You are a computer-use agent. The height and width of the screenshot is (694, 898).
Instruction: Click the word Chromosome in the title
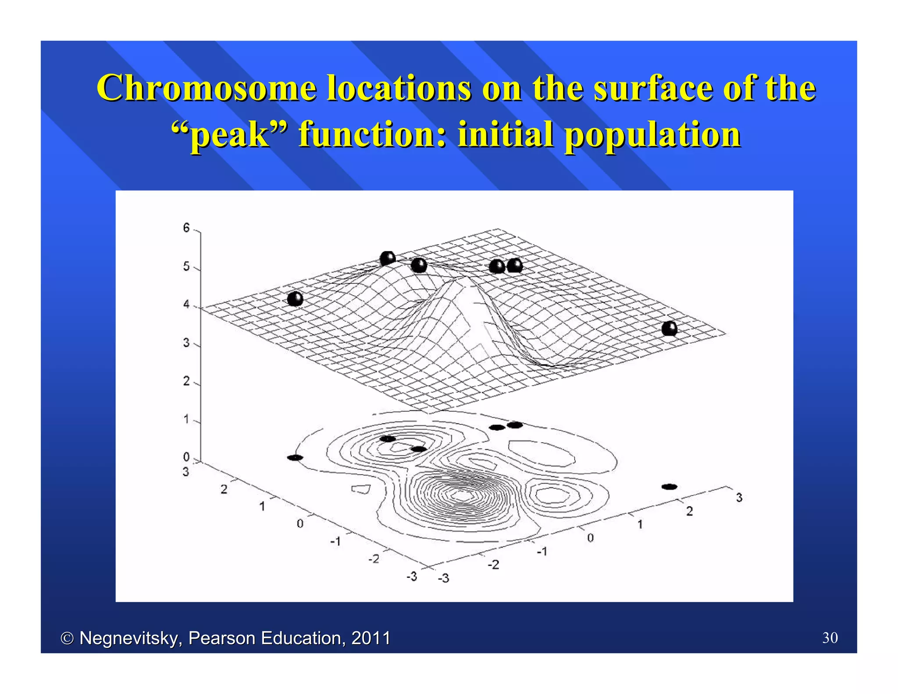click(206, 88)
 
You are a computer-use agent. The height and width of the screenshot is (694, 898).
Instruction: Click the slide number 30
click(830, 637)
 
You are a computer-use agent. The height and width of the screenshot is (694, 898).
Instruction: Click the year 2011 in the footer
click(371, 638)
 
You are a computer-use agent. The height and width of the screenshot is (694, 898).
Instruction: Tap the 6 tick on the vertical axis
click(186, 228)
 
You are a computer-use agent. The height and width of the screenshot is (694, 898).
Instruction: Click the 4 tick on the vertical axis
click(186, 304)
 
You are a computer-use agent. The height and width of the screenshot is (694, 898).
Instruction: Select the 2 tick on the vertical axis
click(186, 381)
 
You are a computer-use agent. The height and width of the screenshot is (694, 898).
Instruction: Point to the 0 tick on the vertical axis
click(186, 457)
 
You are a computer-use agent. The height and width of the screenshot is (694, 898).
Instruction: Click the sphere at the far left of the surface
click(295, 299)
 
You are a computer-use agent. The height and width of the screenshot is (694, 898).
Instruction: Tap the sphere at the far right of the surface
click(669, 328)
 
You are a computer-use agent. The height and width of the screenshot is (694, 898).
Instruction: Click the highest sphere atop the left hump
click(388, 258)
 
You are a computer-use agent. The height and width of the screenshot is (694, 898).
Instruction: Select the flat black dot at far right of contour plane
click(669, 487)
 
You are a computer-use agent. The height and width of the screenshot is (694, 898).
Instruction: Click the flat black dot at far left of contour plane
click(295, 458)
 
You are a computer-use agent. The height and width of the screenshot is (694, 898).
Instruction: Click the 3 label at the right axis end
click(739, 497)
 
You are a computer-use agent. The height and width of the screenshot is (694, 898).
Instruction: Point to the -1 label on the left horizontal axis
click(335, 541)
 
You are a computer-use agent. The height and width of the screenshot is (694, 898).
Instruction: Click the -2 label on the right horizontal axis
click(494, 565)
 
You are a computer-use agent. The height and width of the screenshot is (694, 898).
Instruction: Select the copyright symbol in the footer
click(67, 638)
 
